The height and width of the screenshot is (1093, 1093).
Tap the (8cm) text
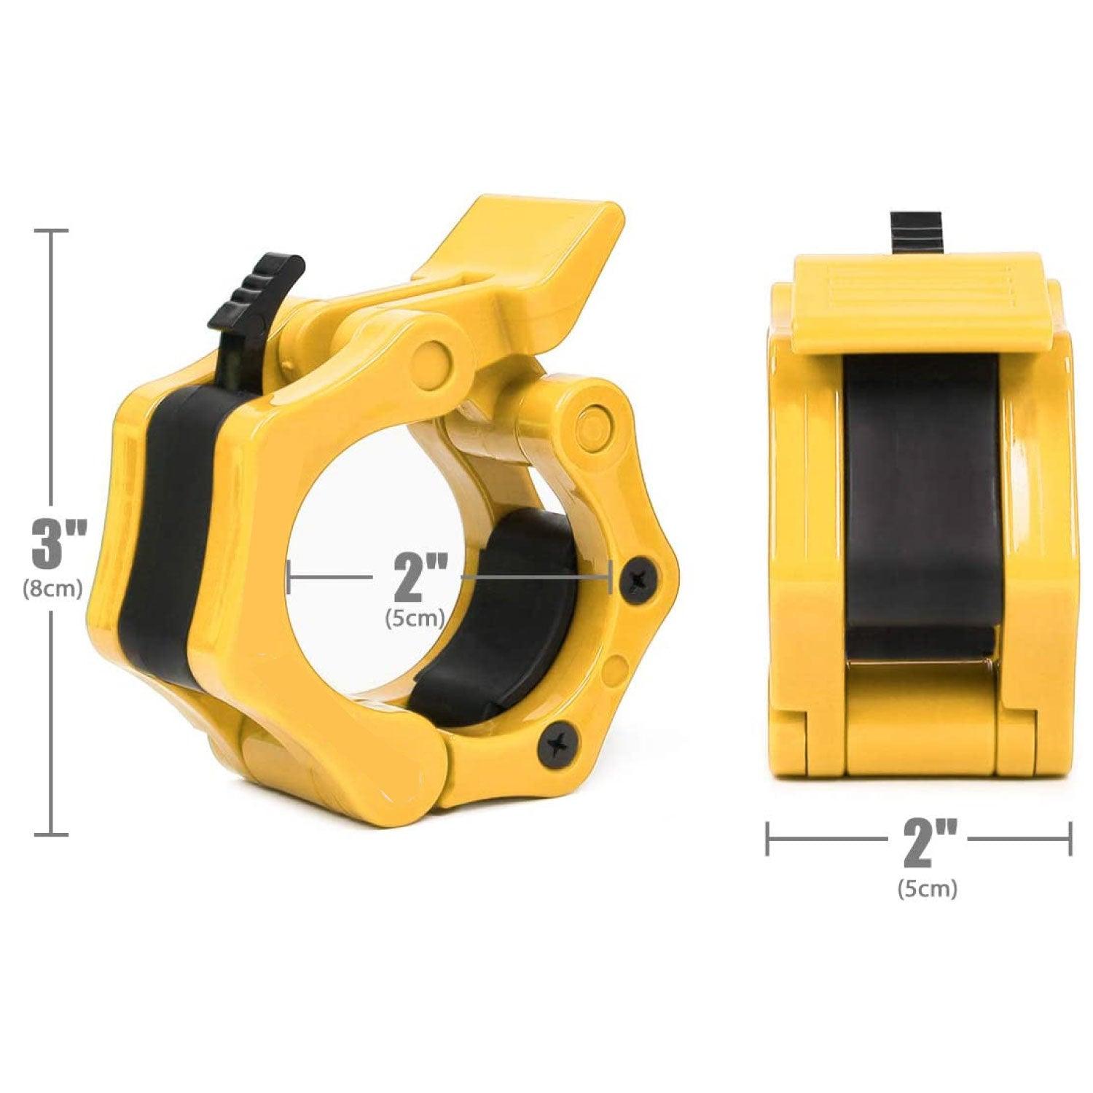coord(52,587)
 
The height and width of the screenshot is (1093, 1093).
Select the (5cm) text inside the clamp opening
coord(415,619)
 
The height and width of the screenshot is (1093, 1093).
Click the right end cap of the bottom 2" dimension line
coord(1070,838)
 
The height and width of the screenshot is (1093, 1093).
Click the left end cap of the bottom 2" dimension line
coord(767,838)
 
